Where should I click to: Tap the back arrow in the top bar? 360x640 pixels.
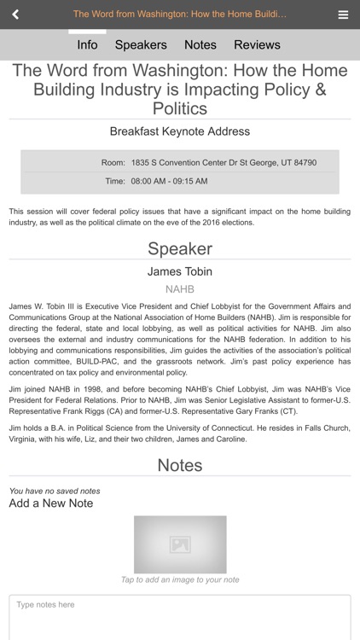pyautogui.click(x=15, y=15)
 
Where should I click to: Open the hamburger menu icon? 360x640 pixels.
pyautogui.click(x=343, y=15)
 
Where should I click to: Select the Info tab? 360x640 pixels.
pyautogui.click(x=87, y=44)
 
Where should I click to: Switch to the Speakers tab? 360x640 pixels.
pyautogui.click(x=141, y=44)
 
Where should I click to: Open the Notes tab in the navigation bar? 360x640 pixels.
pyautogui.click(x=200, y=44)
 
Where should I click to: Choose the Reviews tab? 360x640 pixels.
pyautogui.click(x=257, y=44)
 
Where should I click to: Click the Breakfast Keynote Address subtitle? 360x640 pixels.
pyautogui.click(x=180, y=131)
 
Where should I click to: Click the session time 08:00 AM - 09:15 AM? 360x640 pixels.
pyautogui.click(x=169, y=181)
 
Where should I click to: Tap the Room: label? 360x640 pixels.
pyautogui.click(x=113, y=162)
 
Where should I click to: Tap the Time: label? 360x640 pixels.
pyautogui.click(x=114, y=181)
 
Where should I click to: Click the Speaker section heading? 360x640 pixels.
pyautogui.click(x=180, y=248)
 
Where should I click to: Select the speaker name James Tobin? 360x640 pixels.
pyautogui.click(x=180, y=271)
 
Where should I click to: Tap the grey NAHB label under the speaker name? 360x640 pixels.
pyautogui.click(x=180, y=289)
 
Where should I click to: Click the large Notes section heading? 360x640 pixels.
pyautogui.click(x=180, y=465)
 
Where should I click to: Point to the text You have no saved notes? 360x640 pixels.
pyautogui.click(x=55, y=491)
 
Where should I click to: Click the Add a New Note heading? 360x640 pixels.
pyautogui.click(x=51, y=503)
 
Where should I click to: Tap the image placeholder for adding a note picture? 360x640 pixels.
pyautogui.click(x=180, y=544)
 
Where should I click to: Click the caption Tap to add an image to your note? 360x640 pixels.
pyautogui.click(x=180, y=580)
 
